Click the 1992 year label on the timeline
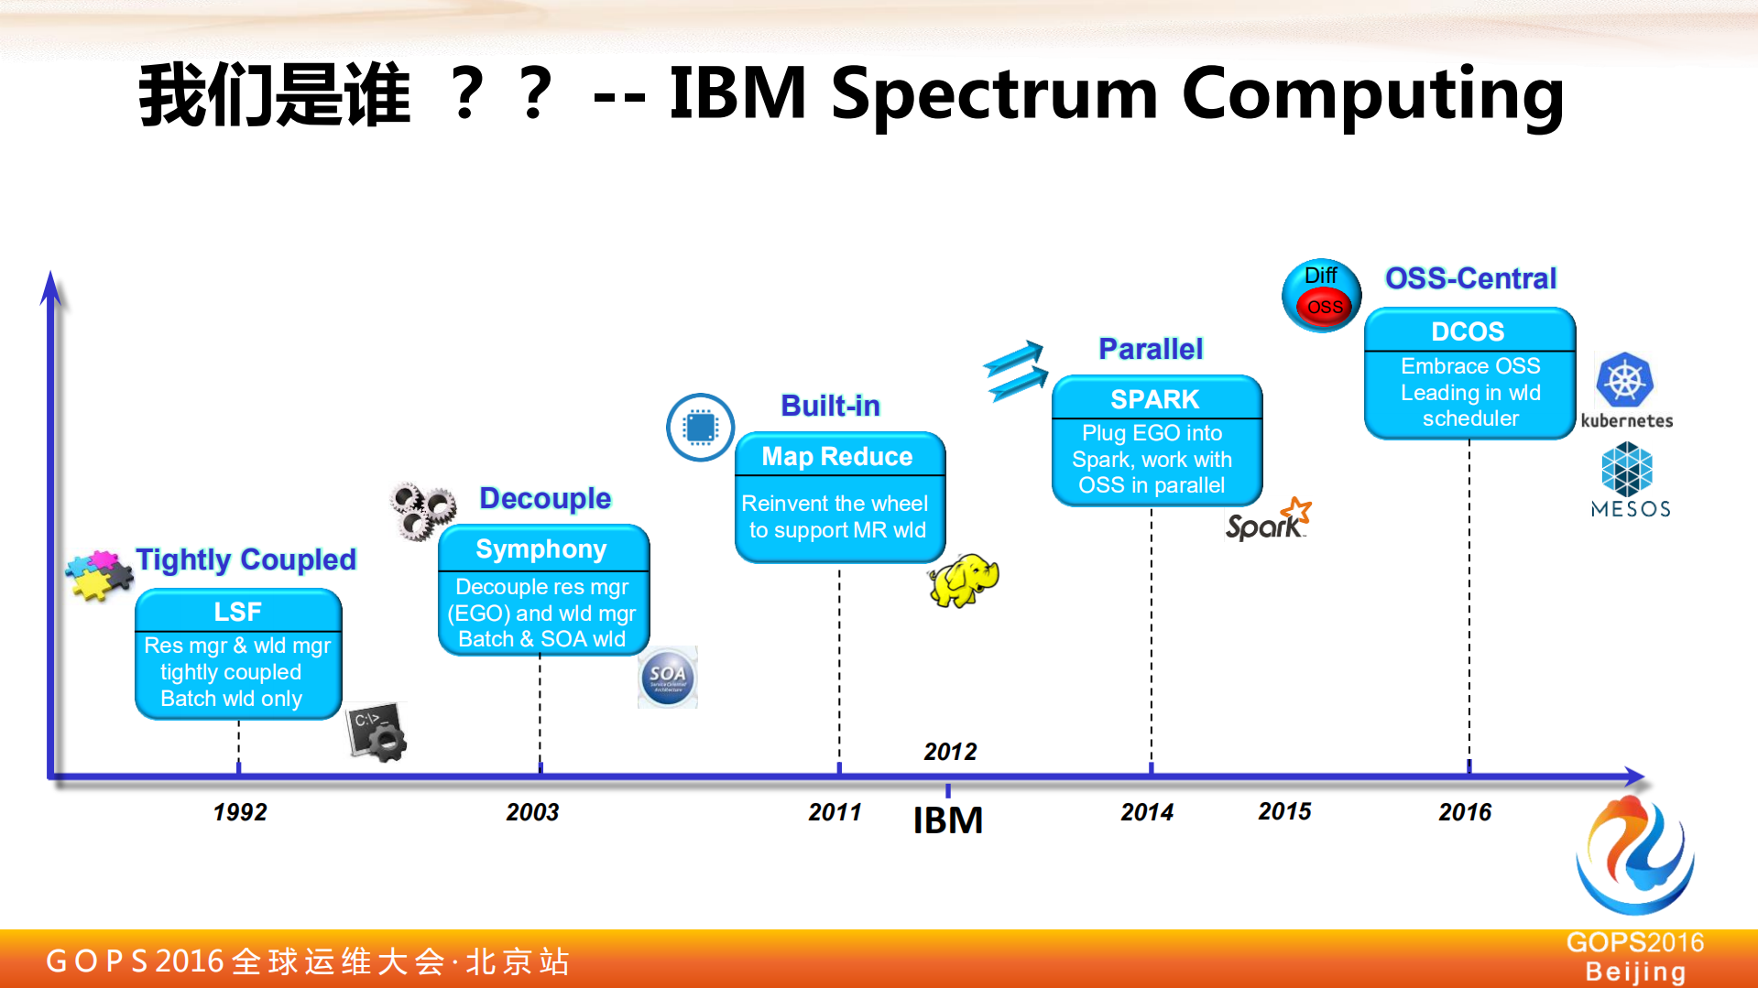(240, 812)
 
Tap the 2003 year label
(532, 812)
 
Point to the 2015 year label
(1284, 811)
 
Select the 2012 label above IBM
(950, 752)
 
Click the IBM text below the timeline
(948, 820)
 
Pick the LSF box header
(238, 612)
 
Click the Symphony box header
(542, 549)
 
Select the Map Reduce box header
(838, 456)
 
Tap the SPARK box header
(1155, 399)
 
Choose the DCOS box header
(1469, 331)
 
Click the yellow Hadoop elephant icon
(964, 580)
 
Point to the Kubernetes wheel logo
(1625, 380)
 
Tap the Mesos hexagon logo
(1627, 469)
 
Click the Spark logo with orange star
(1269, 519)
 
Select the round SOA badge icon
(668, 678)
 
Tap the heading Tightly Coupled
(246, 559)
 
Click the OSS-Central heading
(1470, 278)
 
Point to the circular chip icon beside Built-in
(701, 427)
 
